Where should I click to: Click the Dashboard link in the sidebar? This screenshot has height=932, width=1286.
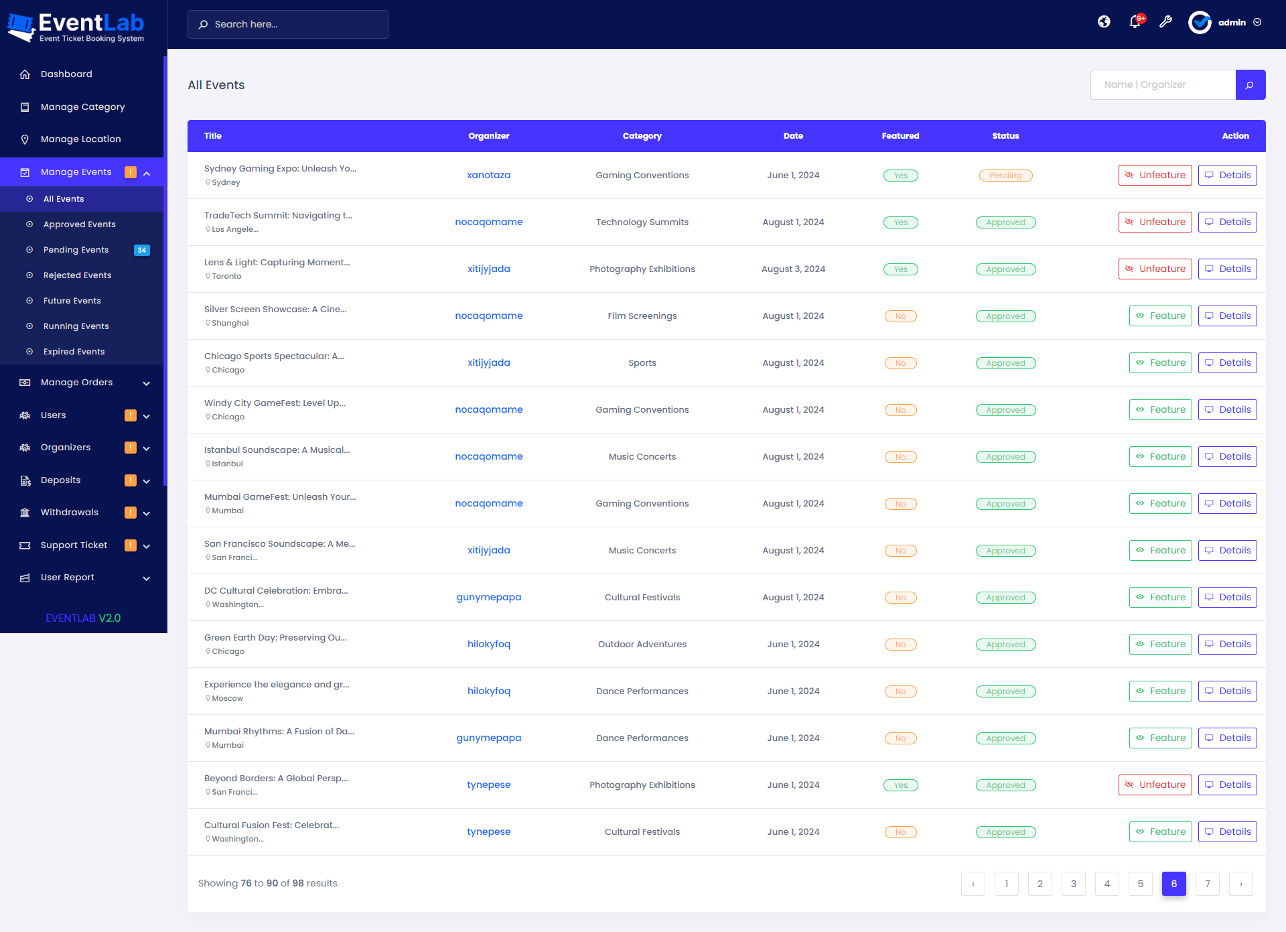click(x=66, y=74)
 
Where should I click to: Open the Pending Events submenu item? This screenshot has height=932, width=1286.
click(x=76, y=250)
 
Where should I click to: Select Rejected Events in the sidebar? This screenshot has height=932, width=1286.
click(x=77, y=275)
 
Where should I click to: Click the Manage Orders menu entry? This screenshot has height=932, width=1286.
click(x=76, y=383)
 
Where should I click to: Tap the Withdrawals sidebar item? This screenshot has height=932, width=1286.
click(x=69, y=513)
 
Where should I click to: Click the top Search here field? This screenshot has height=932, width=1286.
click(x=288, y=24)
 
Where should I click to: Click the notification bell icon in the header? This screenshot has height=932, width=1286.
click(x=1135, y=22)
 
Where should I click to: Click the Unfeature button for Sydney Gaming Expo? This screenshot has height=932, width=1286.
click(x=1155, y=176)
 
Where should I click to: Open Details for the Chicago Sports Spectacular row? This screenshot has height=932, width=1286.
click(x=1227, y=363)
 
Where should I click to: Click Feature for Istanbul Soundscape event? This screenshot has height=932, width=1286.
click(x=1160, y=457)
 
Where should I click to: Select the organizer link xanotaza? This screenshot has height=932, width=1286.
click(x=488, y=176)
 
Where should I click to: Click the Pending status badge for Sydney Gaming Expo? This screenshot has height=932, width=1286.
click(x=1005, y=176)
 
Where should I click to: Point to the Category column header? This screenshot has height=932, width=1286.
click(x=642, y=136)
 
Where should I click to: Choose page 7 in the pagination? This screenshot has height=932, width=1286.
click(x=1207, y=884)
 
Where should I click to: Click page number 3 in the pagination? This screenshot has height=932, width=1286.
click(x=1073, y=884)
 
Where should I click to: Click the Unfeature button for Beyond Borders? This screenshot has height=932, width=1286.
click(x=1155, y=785)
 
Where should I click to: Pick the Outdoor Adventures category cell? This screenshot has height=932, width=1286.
click(x=642, y=645)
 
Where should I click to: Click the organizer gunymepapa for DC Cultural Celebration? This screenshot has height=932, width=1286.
click(x=488, y=598)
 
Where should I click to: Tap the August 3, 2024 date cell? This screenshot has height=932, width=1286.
click(x=793, y=269)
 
